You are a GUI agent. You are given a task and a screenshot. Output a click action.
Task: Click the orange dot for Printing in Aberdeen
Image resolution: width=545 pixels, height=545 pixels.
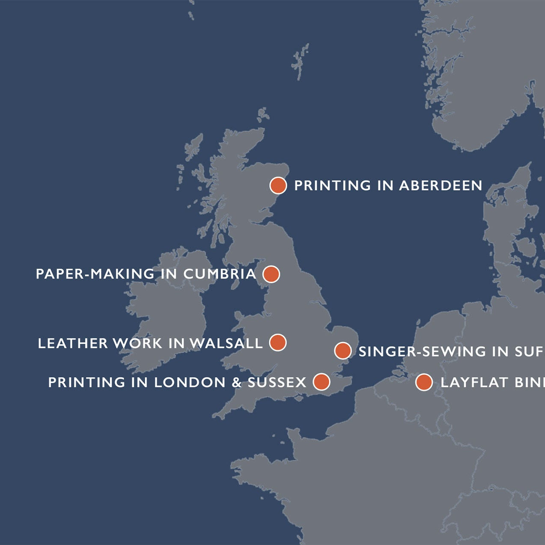click(x=278, y=186)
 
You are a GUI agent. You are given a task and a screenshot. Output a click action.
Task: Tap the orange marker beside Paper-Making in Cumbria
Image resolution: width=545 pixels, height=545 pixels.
click(x=271, y=274)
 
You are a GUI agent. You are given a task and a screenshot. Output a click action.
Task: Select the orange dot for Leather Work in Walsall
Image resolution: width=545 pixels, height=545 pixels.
click(x=278, y=342)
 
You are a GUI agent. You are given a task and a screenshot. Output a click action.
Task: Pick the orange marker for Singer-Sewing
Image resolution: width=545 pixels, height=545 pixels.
click(x=342, y=351)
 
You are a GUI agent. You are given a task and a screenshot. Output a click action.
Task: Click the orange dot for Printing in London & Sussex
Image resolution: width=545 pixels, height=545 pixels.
click(x=322, y=381)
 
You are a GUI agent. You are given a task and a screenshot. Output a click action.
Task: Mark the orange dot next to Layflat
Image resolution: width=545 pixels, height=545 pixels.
click(x=424, y=382)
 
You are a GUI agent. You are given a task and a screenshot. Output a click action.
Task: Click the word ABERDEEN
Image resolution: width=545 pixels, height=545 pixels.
click(x=441, y=186)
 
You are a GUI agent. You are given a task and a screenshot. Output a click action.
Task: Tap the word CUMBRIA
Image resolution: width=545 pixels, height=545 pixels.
click(x=220, y=274)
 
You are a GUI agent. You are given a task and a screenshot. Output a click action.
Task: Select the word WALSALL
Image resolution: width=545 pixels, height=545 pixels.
click(x=226, y=343)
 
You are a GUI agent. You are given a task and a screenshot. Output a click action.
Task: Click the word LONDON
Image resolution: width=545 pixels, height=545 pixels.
click(x=190, y=382)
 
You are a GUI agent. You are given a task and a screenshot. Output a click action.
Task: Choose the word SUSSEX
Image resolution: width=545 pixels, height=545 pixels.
click(x=277, y=382)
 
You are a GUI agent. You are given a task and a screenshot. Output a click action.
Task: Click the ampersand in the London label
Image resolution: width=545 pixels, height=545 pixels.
click(x=237, y=382)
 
